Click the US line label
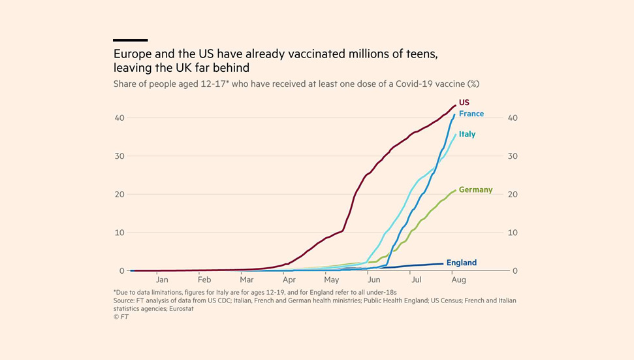(464, 103)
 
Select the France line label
(471, 114)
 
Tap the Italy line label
(467, 134)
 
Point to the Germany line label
(475, 190)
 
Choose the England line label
(461, 263)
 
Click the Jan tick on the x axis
(162, 280)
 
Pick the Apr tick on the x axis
(289, 280)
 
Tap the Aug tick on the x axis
(458, 280)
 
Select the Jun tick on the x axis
(374, 280)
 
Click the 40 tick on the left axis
(119, 118)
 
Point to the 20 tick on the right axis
(513, 195)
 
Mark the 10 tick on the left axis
(119, 233)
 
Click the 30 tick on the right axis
(513, 156)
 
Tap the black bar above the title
(130, 41)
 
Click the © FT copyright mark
(121, 317)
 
